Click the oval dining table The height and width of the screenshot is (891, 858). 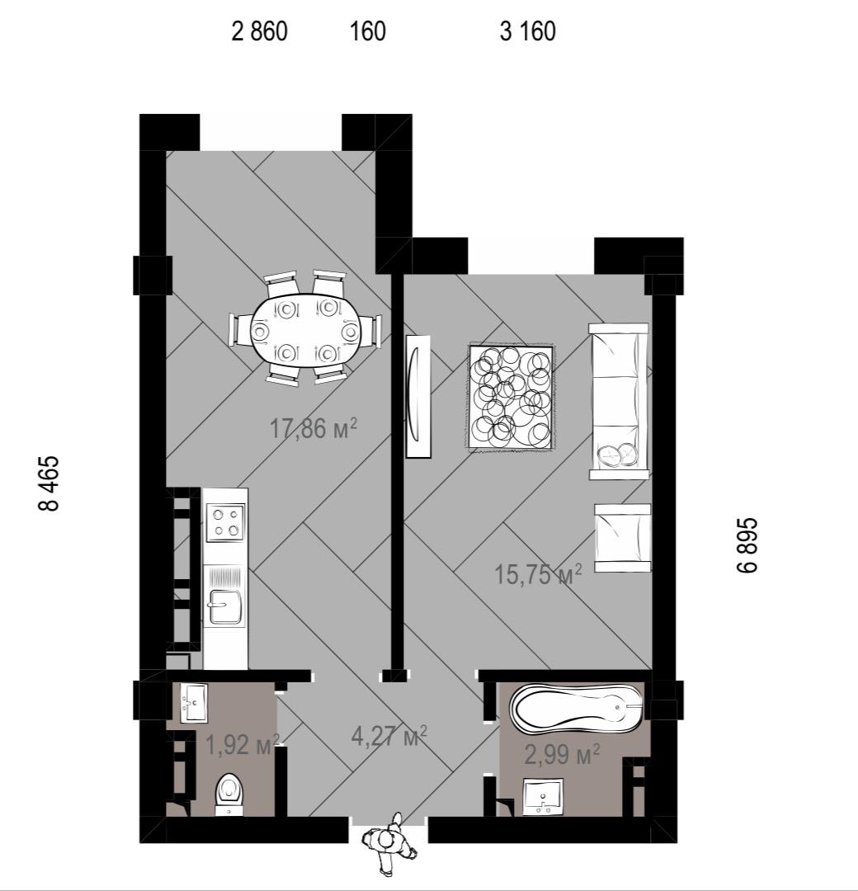coord(304,331)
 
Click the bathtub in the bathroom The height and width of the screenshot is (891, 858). coord(575,708)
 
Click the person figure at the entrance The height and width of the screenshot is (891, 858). coord(389,842)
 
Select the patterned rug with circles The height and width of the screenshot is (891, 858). coord(510,397)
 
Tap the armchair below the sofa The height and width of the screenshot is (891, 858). coord(623,538)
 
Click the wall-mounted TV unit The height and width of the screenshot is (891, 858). coord(417,396)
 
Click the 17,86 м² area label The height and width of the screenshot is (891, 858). coord(313,428)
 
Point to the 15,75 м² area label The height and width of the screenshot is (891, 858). coord(538,574)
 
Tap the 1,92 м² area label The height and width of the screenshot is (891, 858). coord(243,744)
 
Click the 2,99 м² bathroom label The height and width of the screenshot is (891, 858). coord(562,754)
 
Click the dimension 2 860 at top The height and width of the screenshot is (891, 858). coord(260,31)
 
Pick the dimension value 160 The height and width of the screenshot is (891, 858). coord(368,31)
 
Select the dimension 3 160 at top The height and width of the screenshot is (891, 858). coord(528,31)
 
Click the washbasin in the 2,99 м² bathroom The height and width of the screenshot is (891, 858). coord(543,796)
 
